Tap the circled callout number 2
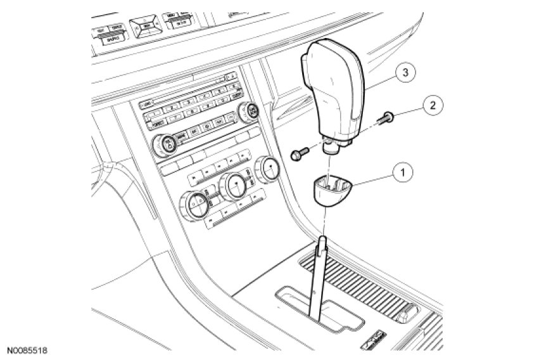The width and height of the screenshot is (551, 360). (x=433, y=105)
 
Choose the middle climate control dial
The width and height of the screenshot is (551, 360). (x=236, y=186)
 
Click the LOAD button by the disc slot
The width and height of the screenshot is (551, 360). (x=148, y=103)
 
